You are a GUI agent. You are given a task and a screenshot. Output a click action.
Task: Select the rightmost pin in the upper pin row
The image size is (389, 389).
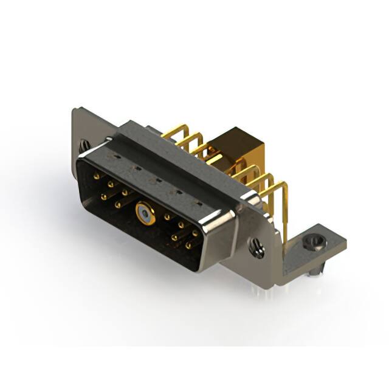click(x=195, y=233)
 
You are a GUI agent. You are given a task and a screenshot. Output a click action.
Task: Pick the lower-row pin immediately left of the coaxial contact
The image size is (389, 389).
click(x=118, y=205)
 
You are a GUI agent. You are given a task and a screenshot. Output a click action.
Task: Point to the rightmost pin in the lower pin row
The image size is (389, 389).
click(x=189, y=246)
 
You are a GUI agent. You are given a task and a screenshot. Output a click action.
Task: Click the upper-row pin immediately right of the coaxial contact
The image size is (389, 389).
click(x=167, y=217)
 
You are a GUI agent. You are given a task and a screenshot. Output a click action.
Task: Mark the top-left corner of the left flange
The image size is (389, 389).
click(x=75, y=110)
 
